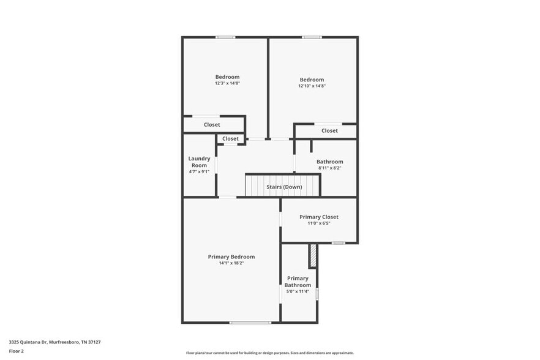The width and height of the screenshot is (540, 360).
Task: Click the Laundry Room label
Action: click(x=199, y=162)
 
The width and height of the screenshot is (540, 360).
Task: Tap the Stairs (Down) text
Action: click(x=283, y=187)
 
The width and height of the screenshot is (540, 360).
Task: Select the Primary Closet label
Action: click(x=318, y=217)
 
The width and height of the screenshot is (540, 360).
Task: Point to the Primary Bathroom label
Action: click(x=298, y=282)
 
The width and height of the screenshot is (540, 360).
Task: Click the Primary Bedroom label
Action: click(x=231, y=257)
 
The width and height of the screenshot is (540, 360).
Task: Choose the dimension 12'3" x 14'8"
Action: click(x=227, y=83)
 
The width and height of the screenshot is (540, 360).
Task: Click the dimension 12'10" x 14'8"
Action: click(x=312, y=86)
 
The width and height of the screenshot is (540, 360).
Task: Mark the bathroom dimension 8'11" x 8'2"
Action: click(x=329, y=168)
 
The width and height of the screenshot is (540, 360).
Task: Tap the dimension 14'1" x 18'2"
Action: click(x=231, y=263)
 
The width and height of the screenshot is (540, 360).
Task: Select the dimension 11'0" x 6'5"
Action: click(x=318, y=223)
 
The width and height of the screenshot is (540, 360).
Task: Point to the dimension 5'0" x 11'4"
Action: click(x=298, y=291)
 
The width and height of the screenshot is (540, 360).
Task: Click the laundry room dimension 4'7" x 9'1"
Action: click(x=199, y=171)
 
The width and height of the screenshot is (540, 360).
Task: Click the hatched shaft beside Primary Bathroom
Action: click(x=313, y=256)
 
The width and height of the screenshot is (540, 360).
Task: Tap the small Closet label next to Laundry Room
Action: click(x=230, y=139)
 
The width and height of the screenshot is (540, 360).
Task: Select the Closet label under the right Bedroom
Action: click(x=329, y=130)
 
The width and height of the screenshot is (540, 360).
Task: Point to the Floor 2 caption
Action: click(x=17, y=351)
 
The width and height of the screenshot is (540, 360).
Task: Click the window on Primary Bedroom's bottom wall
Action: click(x=250, y=322)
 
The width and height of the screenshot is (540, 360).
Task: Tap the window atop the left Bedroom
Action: click(x=225, y=37)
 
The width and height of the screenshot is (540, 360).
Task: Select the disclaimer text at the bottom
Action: click(x=269, y=353)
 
